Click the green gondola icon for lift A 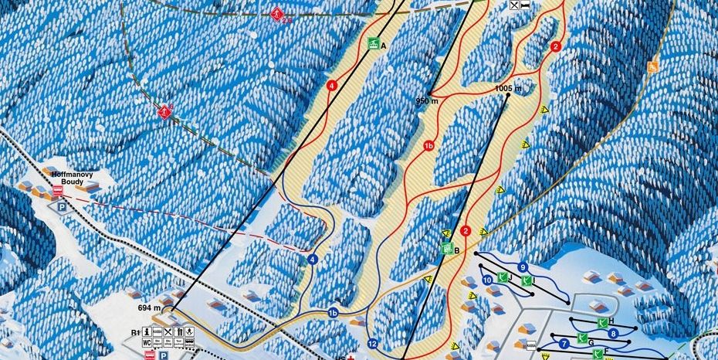click(374, 44)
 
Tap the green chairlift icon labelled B click(446, 249)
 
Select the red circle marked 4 click(332, 86)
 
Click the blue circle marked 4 click(313, 260)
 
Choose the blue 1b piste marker click(334, 313)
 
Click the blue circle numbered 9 click(523, 267)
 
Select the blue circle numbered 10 click(486, 280)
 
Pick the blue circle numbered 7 click(564, 343)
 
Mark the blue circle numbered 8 click(613, 334)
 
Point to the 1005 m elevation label click(508, 89)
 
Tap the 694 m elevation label click(149, 308)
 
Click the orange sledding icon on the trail click(652, 66)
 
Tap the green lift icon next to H click(601, 321)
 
